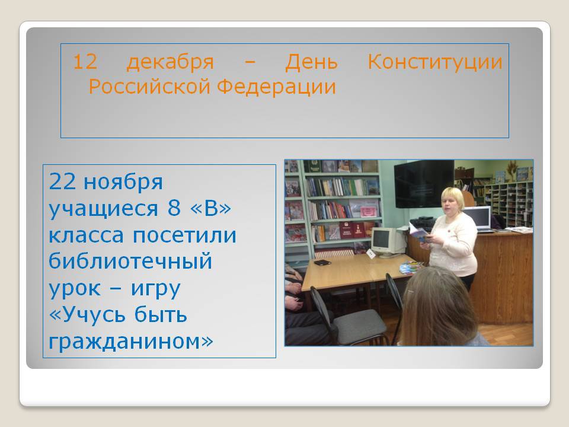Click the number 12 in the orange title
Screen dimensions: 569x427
pyautogui.click(x=85, y=62)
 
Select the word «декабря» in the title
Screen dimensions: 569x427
pyautogui.click(x=170, y=62)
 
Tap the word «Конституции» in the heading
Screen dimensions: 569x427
pyautogui.click(x=435, y=62)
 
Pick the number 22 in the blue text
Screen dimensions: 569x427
pyautogui.click(x=62, y=181)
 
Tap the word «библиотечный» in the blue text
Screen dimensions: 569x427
pyautogui.click(x=130, y=261)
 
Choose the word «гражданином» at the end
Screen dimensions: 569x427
pyautogui.click(x=131, y=342)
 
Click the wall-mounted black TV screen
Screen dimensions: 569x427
pyautogui.click(x=424, y=184)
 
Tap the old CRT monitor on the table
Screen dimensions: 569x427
pyautogui.click(x=388, y=241)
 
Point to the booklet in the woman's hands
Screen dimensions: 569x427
pyautogui.click(x=420, y=232)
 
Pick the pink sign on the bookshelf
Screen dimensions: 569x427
pyautogui.click(x=369, y=211)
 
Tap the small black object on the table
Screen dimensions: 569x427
pyautogui.click(x=321, y=263)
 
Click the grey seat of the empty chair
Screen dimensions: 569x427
pyautogui.click(x=359, y=324)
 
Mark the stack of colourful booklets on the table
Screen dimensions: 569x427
pyautogui.click(x=411, y=267)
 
